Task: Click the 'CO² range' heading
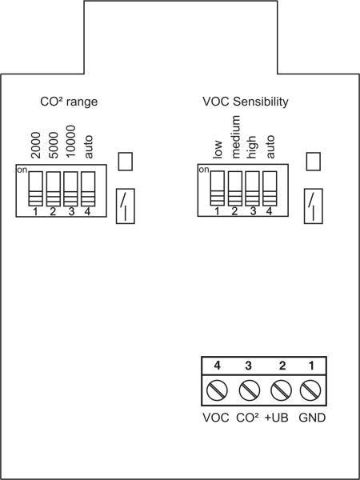coord(69,102)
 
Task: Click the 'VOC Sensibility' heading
coord(246,102)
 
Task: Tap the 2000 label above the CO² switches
coord(36,145)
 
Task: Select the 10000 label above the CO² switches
coord(70,142)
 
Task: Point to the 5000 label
coord(54,145)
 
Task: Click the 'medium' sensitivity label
coord(237,138)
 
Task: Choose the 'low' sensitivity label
coord(218,150)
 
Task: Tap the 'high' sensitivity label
coord(252,147)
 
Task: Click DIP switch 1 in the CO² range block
coord(36,189)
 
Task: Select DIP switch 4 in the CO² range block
coord(88,189)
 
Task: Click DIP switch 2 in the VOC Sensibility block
coord(235,188)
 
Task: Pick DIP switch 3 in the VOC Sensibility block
coord(253,188)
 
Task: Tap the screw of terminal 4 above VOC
coord(217,390)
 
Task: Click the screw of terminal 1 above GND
coord(310,390)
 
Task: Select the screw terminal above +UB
coord(282,390)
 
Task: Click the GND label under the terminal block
coord(312,418)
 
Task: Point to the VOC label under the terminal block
coord(216,418)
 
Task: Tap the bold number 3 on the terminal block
coord(248,366)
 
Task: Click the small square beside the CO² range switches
coord(126,162)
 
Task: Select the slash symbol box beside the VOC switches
coord(313,206)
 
